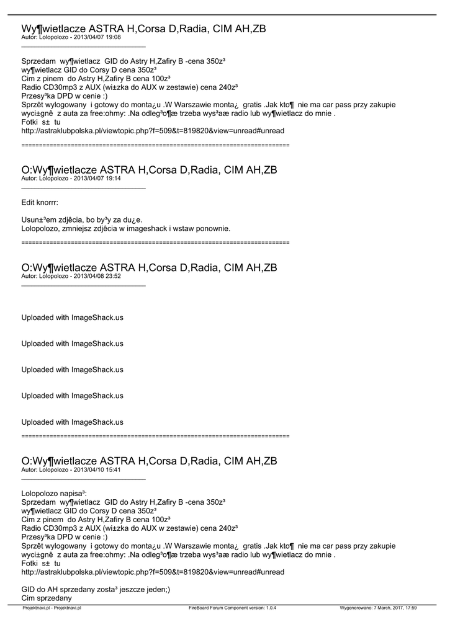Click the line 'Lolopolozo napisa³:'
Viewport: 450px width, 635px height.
tap(58, 493)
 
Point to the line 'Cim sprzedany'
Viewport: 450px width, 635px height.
tap(47, 598)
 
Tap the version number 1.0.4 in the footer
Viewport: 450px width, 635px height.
tap(269, 608)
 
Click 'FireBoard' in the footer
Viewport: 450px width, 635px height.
tap(200, 608)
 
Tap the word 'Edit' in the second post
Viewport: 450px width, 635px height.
tap(28, 202)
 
